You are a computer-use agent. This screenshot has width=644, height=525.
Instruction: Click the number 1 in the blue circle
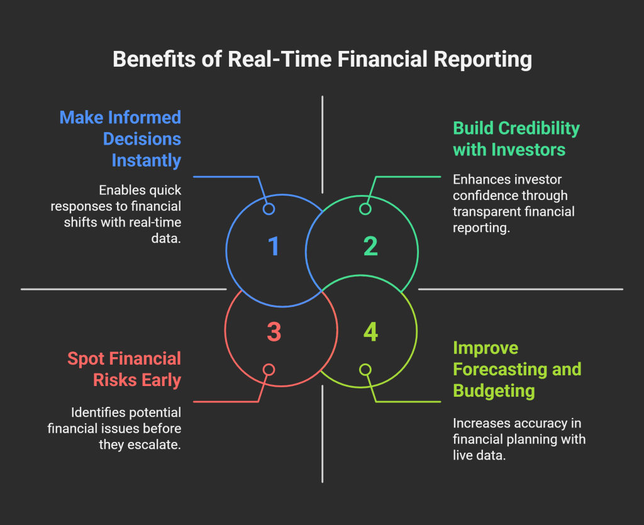pyautogui.click(x=274, y=246)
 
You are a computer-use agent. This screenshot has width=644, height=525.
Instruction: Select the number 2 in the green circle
pyautogui.click(x=370, y=246)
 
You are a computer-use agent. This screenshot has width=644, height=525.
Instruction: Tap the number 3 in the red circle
pyautogui.click(x=274, y=331)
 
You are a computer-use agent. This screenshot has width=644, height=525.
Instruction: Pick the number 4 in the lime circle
pyautogui.click(x=370, y=331)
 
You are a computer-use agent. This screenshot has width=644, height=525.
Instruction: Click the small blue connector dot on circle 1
pyautogui.click(x=269, y=209)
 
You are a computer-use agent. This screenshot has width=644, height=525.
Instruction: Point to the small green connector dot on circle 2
pyautogui.click(x=365, y=209)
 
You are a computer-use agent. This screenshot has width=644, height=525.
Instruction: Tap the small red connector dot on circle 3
pyautogui.click(x=269, y=370)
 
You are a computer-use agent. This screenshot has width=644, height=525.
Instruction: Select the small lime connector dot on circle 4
pyautogui.click(x=365, y=370)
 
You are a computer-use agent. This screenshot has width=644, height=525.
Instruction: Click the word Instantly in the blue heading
pyautogui.click(x=146, y=160)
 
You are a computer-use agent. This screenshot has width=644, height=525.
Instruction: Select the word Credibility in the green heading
pyautogui.click(x=539, y=128)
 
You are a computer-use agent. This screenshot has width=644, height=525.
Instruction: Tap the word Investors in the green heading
pyautogui.click(x=530, y=150)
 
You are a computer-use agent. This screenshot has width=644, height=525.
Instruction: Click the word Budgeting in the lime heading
pyautogui.click(x=494, y=390)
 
